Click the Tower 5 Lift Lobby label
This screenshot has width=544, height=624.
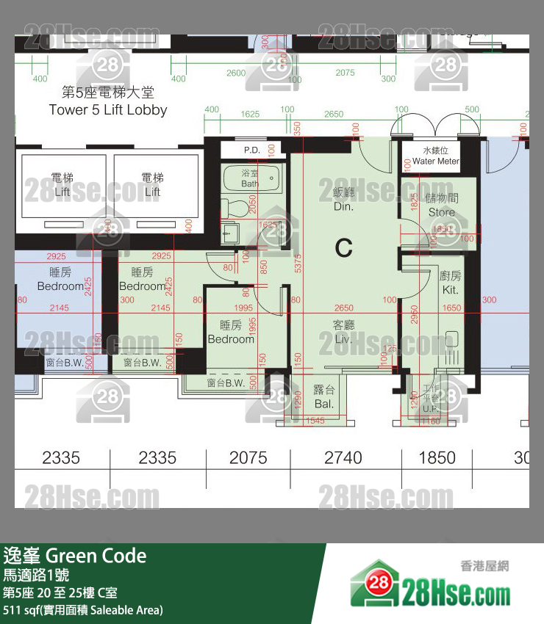pos(108,110)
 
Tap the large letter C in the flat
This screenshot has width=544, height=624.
pos(343,248)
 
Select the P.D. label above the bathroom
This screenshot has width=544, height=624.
pos(251,150)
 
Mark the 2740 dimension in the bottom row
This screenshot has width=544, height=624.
pos(343,458)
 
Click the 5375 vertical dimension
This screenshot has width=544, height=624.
pos(297,264)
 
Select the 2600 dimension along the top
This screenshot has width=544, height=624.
pos(236,73)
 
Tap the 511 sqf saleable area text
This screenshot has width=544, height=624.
pos(82,610)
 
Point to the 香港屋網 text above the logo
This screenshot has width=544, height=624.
pos(484,566)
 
